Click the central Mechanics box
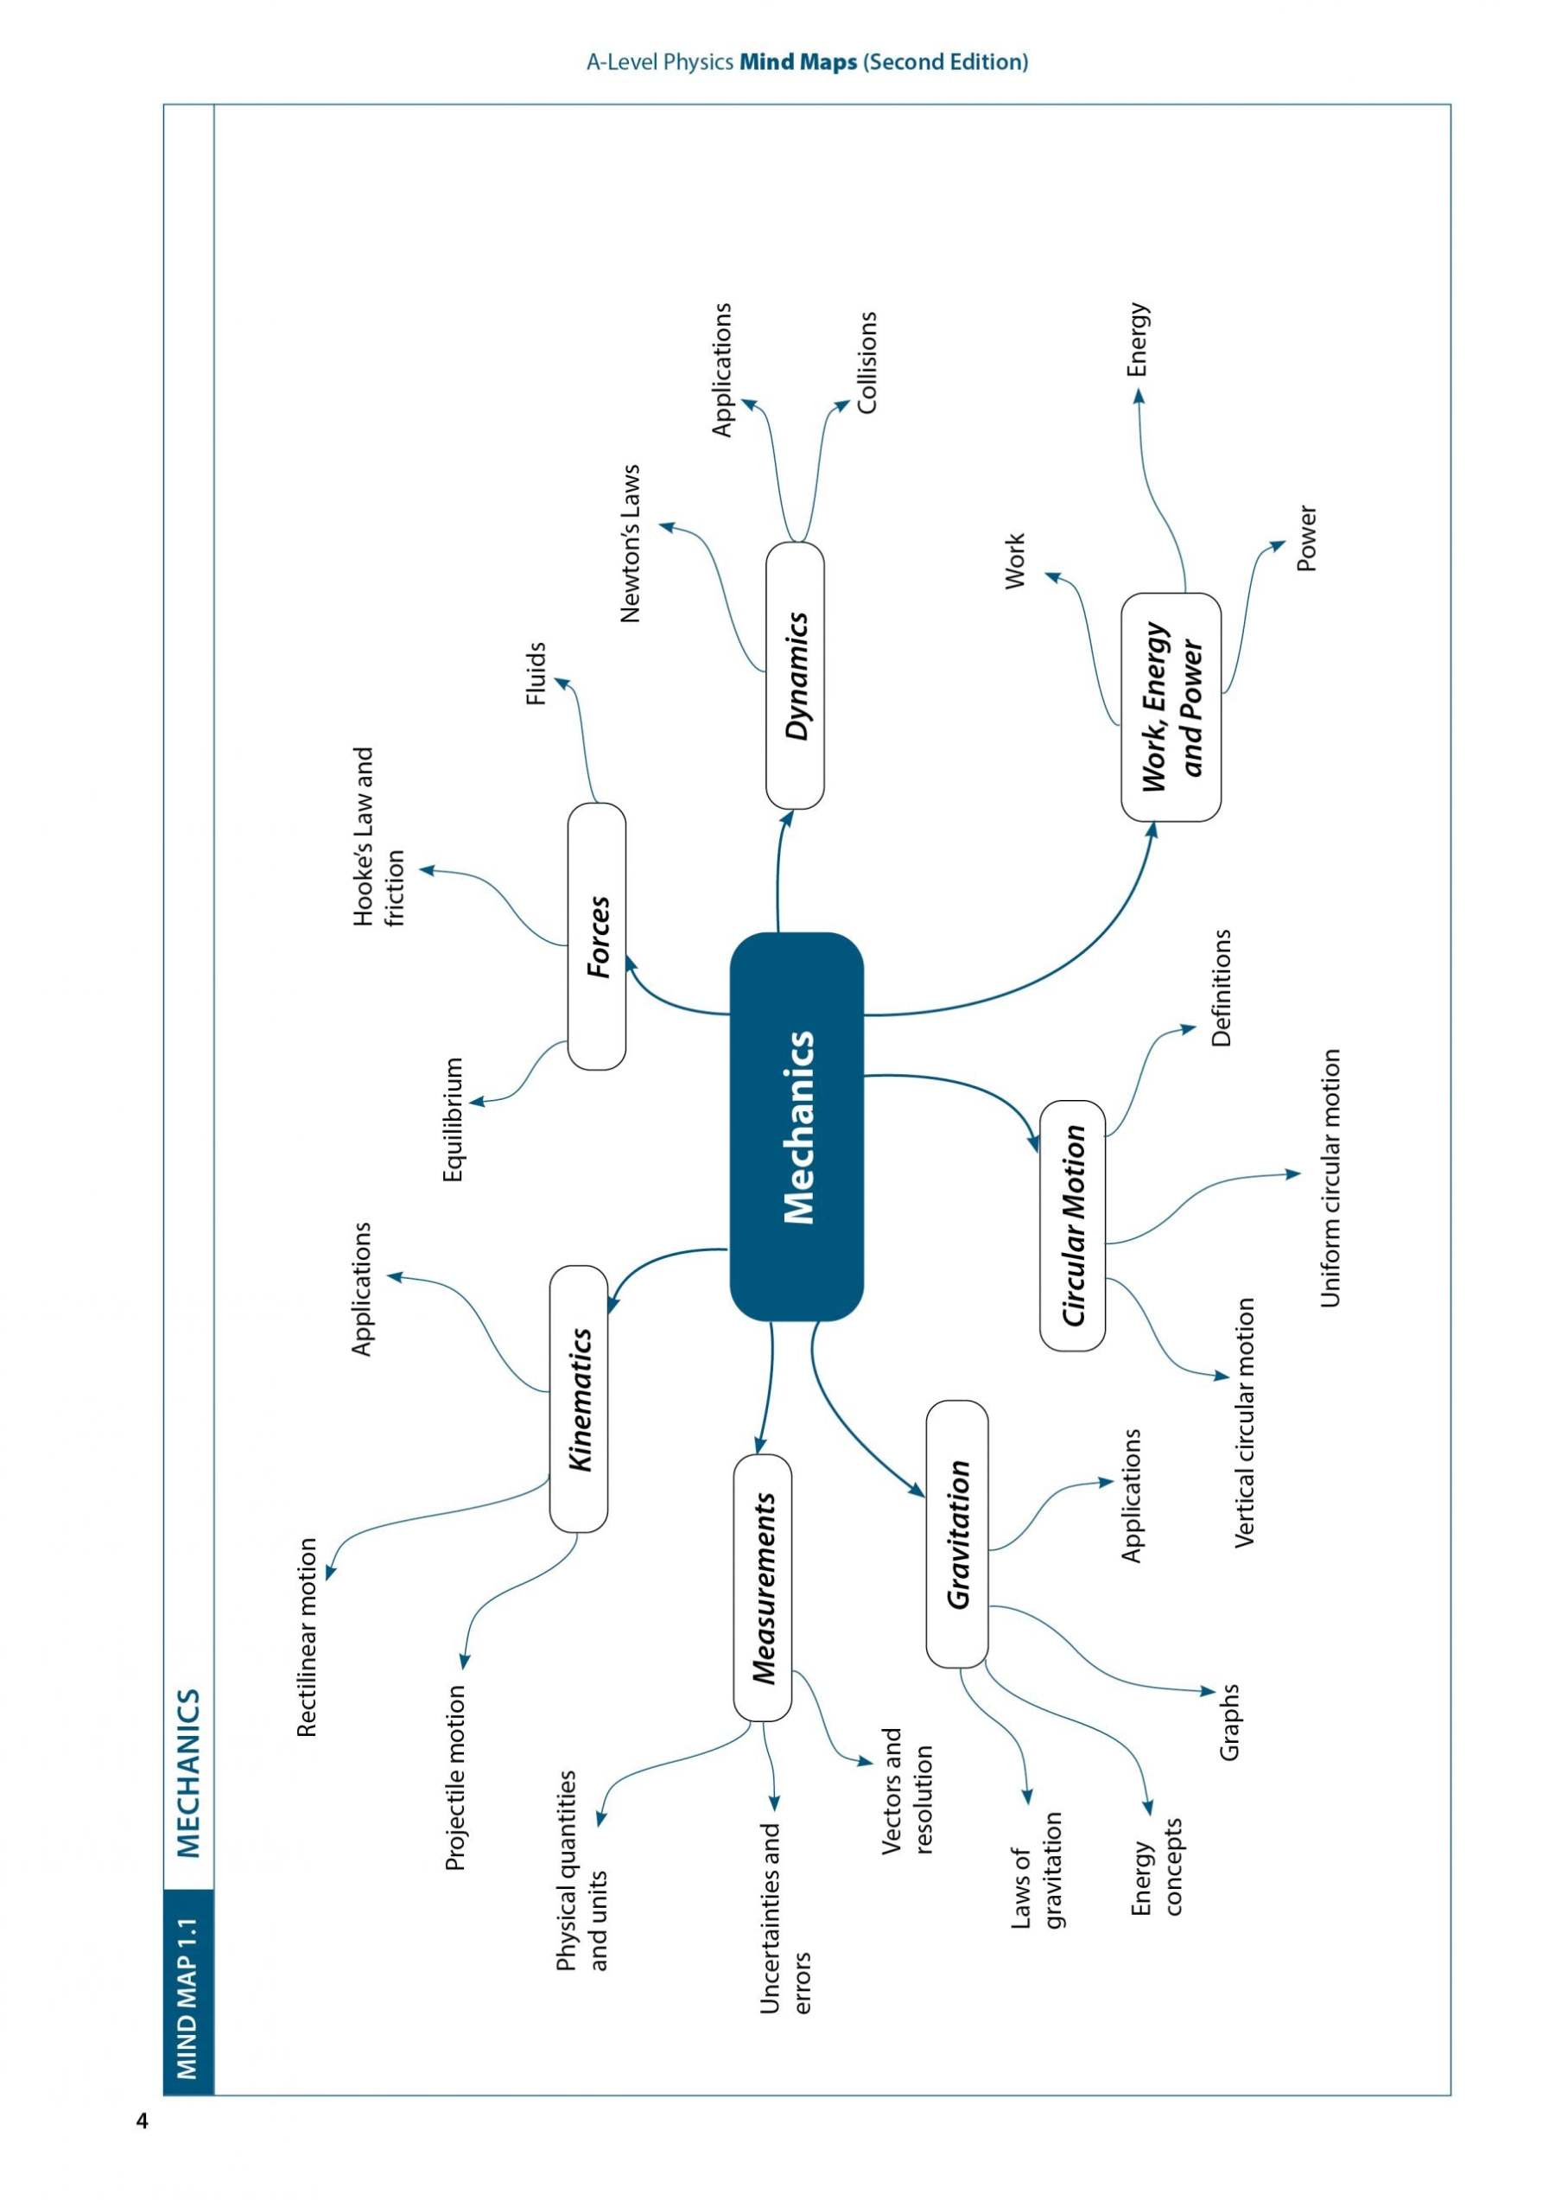[x=797, y=1126]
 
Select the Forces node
[x=597, y=936]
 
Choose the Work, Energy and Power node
[x=1171, y=707]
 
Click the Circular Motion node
[x=1072, y=1225]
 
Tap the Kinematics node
[x=579, y=1399]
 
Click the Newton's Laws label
[x=630, y=544]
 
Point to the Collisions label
[x=867, y=361]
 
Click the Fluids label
[x=536, y=674]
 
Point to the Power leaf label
[x=1307, y=538]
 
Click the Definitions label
[x=1221, y=987]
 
